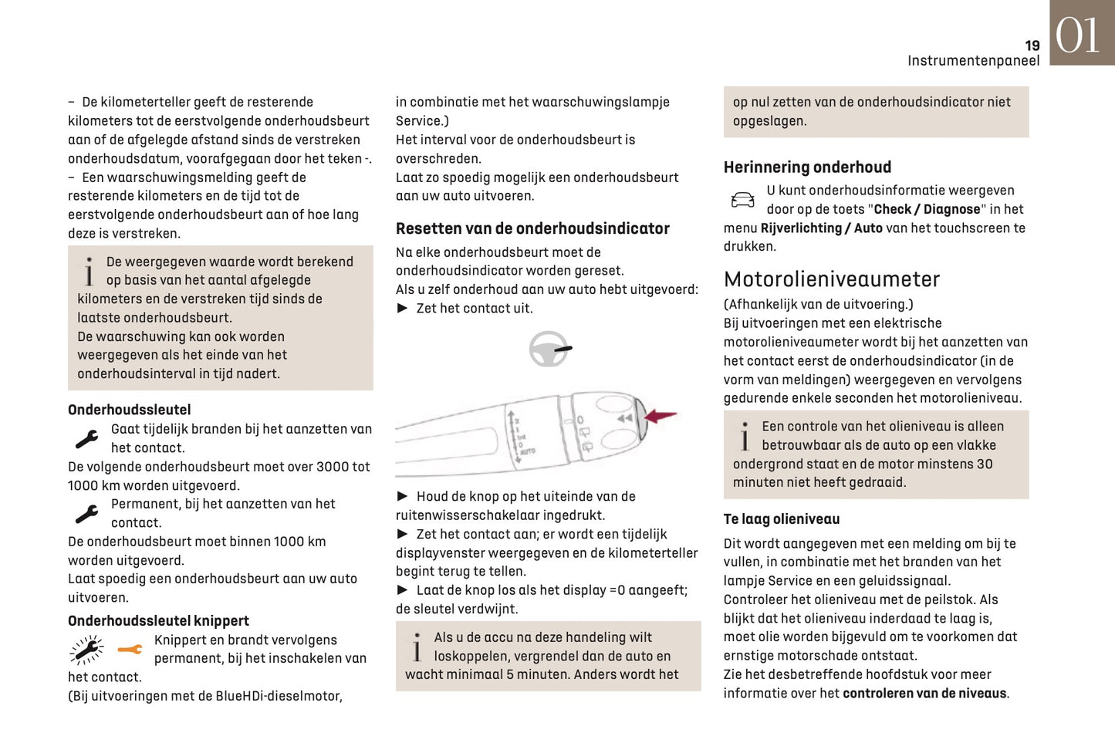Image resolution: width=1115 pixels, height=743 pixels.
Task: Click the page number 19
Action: coord(1032,46)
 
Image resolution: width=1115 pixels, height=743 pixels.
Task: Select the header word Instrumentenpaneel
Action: coord(973,61)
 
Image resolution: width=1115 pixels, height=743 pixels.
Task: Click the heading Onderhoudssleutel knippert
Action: coord(158,621)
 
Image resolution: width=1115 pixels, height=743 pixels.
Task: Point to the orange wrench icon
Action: coord(130,650)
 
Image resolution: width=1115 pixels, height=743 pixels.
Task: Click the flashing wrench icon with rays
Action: coord(86,650)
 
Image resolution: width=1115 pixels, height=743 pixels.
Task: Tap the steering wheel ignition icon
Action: coord(549,350)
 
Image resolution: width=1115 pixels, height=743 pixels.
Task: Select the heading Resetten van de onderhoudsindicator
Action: coord(532,228)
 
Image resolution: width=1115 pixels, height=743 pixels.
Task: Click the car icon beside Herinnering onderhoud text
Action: coord(742,201)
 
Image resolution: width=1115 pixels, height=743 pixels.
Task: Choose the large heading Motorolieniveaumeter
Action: coord(831,279)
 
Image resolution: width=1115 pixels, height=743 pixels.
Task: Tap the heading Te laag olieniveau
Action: coord(781,519)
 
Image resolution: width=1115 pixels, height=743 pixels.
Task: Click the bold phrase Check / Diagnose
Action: coord(927,209)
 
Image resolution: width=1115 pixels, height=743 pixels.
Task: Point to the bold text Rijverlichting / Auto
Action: coord(821,228)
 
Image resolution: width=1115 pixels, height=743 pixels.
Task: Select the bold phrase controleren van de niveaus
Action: coord(924,694)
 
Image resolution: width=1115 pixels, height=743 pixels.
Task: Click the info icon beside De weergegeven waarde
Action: coord(90,272)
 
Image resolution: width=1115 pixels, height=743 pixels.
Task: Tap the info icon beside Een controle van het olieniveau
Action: coord(745,436)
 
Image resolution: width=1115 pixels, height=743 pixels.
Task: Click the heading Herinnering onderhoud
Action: coord(807,167)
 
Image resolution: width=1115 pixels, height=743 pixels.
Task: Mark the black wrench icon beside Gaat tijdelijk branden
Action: coord(86,439)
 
